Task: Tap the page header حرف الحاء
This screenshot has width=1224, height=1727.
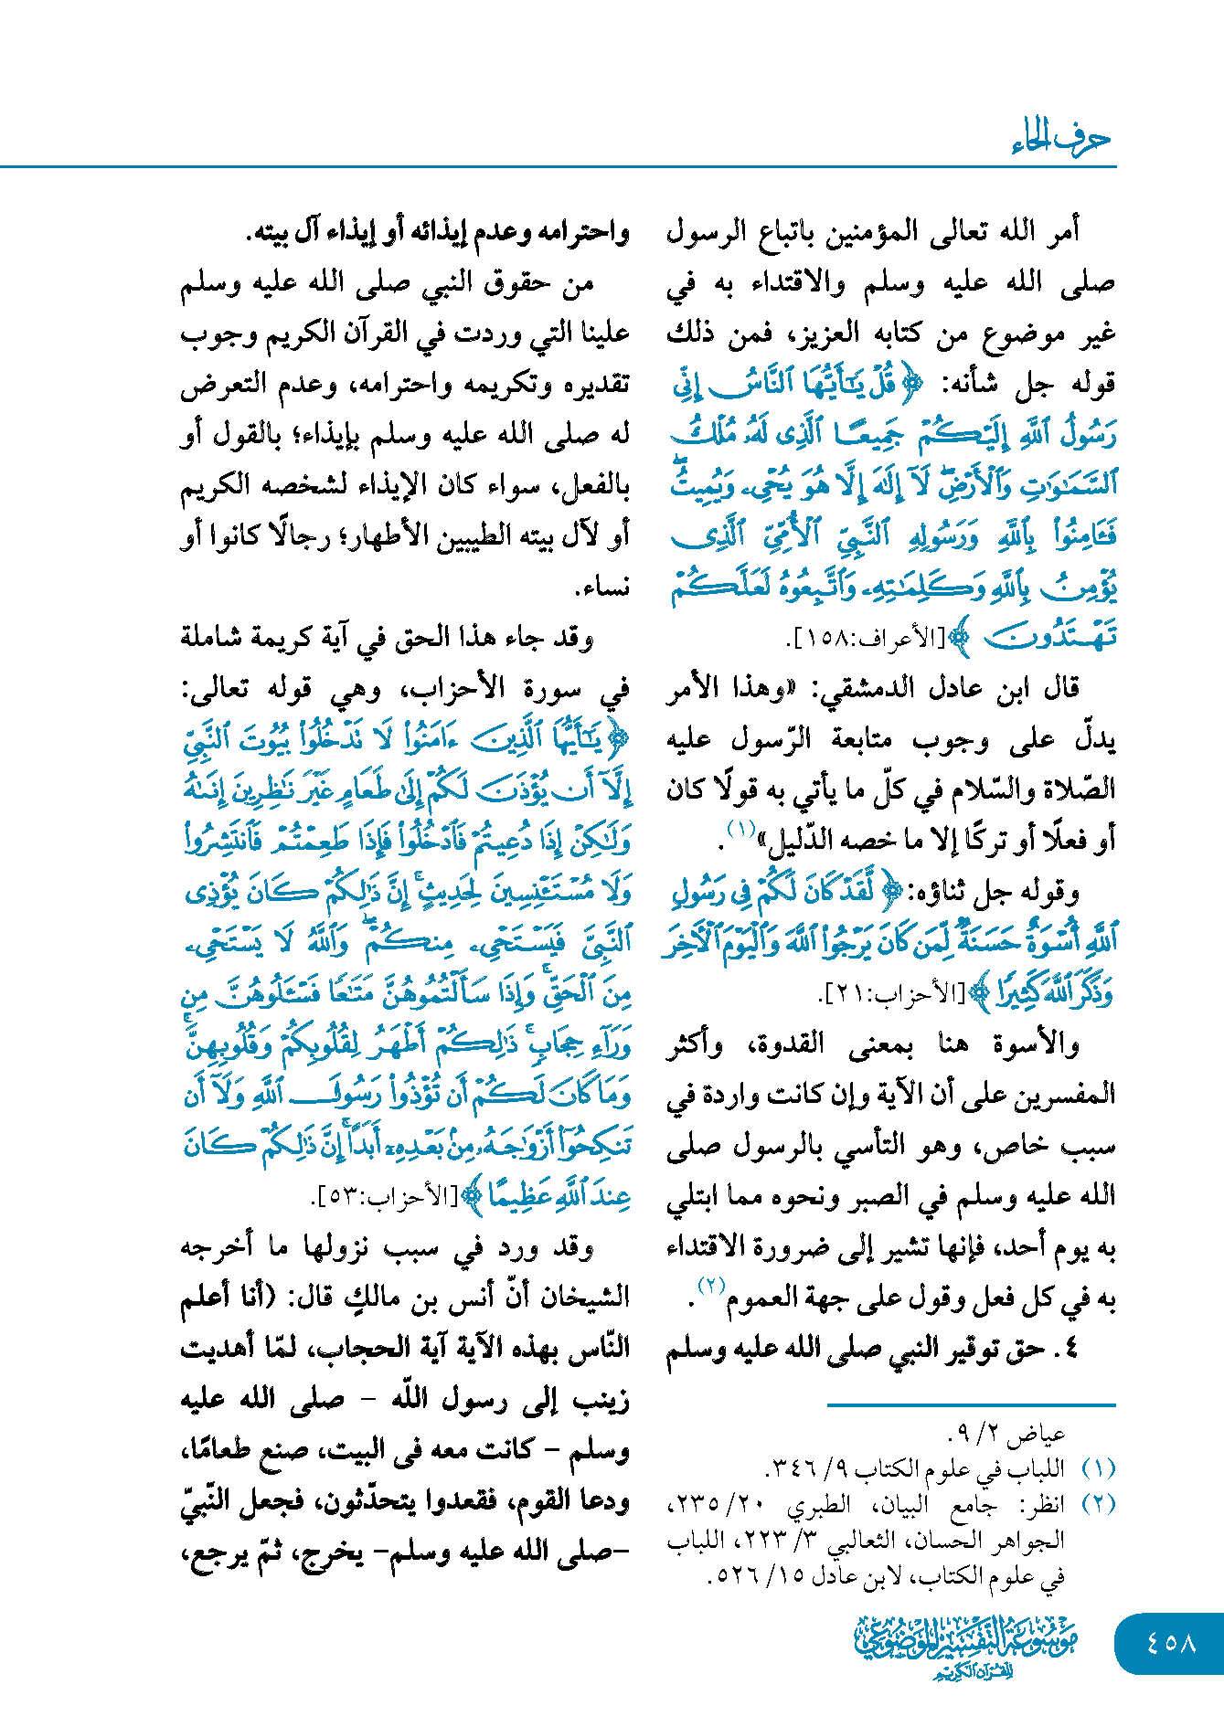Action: (x=1062, y=139)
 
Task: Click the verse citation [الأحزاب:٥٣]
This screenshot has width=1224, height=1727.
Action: (x=385, y=1197)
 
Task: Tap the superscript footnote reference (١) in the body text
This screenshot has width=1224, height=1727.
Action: (x=740, y=829)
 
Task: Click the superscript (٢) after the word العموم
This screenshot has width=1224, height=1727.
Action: (x=711, y=1285)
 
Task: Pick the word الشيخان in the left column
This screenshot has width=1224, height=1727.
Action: (x=582, y=1298)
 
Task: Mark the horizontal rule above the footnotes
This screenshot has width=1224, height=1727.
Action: (x=971, y=1404)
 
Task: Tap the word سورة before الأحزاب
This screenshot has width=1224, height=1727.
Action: (x=553, y=690)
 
